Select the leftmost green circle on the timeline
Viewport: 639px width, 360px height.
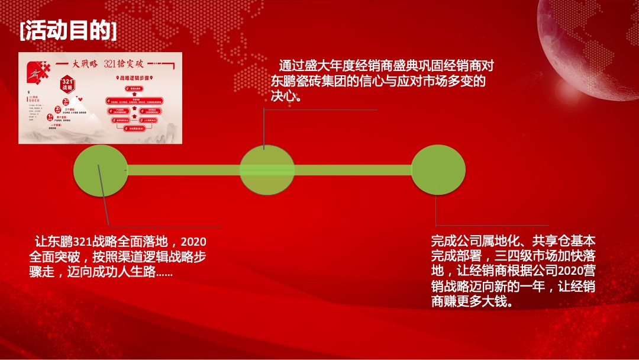(x=101, y=171)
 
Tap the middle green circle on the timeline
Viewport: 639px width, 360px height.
(x=267, y=171)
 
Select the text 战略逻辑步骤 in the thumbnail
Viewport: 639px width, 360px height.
(x=134, y=78)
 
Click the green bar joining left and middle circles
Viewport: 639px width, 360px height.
(x=183, y=171)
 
